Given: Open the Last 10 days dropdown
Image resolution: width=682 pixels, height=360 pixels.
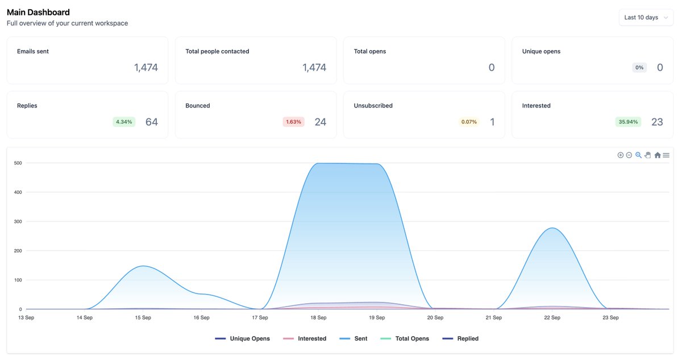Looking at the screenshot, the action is (x=646, y=18).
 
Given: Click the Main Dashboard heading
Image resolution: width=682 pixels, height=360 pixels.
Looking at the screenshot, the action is (x=39, y=12).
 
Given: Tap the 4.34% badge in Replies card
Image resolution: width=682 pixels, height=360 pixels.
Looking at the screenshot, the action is (x=124, y=122).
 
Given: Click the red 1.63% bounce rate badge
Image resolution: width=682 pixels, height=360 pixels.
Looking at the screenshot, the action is (x=293, y=122).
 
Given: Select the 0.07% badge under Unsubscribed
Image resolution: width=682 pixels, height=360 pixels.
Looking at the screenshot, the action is (x=469, y=122).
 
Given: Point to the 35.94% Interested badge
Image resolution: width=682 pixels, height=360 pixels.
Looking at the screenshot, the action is (x=628, y=122).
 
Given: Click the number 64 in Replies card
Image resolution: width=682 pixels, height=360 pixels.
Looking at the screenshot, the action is (x=152, y=122).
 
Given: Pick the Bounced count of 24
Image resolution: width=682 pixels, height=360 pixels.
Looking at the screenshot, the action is (x=321, y=122).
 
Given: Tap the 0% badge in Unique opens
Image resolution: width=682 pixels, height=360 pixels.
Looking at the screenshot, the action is (x=639, y=67).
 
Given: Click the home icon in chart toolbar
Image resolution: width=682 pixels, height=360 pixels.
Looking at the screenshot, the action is (x=658, y=155).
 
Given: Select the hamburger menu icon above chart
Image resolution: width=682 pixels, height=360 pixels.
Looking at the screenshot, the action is (x=666, y=155).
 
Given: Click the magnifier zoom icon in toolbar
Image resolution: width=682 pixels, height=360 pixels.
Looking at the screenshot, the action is (x=638, y=155).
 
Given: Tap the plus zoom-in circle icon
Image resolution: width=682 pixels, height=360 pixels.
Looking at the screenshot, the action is (x=620, y=155).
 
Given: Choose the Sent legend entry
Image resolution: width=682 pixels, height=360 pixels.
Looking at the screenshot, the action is (x=354, y=338).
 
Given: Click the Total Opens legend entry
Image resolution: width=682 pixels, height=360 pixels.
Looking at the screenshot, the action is (x=405, y=338).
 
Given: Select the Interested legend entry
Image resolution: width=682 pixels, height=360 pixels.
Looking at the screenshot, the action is (x=305, y=338).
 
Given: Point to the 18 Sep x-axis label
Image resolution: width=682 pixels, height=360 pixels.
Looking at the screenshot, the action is (x=318, y=317).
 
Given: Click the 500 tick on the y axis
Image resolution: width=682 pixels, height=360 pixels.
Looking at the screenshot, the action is (x=18, y=163).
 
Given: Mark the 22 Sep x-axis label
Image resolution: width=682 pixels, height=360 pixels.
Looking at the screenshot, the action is (x=552, y=317).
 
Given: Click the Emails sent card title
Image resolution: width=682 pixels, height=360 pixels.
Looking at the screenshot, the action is (x=33, y=51).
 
